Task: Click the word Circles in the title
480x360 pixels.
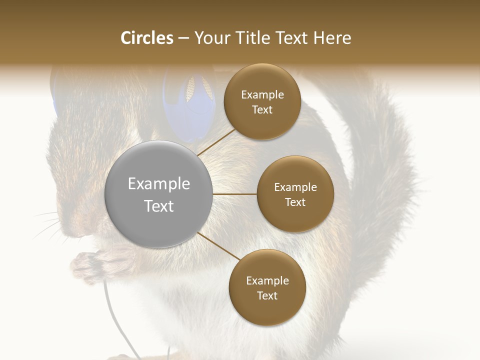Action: [x=147, y=38]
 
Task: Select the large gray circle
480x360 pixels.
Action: [x=158, y=194]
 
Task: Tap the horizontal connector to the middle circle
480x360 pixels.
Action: [x=234, y=194]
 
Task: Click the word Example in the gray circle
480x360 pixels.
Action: [x=158, y=184]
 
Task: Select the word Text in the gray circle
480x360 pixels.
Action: [x=158, y=206]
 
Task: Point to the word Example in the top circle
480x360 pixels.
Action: [x=262, y=95]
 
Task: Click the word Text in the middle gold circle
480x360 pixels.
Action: [x=295, y=202]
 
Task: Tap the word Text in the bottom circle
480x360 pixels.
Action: [x=267, y=296]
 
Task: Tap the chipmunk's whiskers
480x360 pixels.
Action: [x=50, y=225]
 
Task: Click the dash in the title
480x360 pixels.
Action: [x=183, y=38]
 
